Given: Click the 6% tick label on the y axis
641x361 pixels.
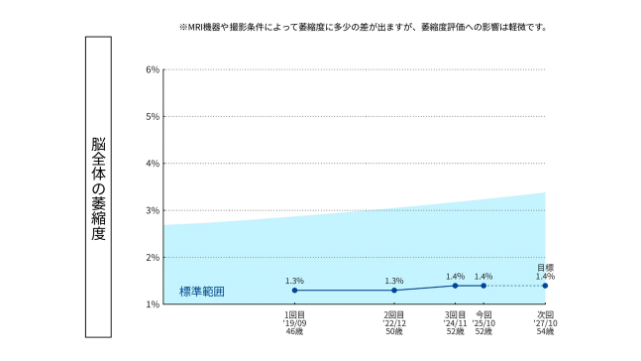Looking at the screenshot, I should [x=153, y=70].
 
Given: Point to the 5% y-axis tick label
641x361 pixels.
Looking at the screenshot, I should [x=153, y=117].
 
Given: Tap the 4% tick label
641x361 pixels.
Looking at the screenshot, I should [x=153, y=164].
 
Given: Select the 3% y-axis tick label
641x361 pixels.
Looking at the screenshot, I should [x=153, y=211].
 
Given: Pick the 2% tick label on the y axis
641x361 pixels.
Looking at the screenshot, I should [x=153, y=258].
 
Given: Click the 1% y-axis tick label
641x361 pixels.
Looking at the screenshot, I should [x=153, y=304].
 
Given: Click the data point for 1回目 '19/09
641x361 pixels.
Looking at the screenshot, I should [x=294, y=290].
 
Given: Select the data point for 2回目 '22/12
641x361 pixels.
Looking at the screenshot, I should [x=394, y=290].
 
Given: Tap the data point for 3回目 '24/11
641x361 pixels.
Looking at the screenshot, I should [x=455, y=286].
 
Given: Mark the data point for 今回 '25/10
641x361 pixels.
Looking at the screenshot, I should [x=483, y=286].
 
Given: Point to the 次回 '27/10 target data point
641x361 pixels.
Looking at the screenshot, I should [x=545, y=286].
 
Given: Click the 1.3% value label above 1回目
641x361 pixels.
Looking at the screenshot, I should [x=294, y=280].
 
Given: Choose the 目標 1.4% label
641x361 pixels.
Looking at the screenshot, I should [x=545, y=271].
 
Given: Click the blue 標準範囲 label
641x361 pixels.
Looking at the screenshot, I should [x=202, y=291].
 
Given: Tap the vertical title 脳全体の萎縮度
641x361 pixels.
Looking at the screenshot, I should [x=98, y=188].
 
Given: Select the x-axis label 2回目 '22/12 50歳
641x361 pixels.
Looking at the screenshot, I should [x=394, y=322].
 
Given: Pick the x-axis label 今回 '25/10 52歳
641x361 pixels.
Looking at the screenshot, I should [x=483, y=322].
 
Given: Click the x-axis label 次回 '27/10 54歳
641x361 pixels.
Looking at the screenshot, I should [x=545, y=322].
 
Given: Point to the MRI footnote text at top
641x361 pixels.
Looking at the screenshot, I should [x=362, y=27].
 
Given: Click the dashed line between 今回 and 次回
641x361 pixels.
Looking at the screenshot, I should [x=514, y=286].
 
